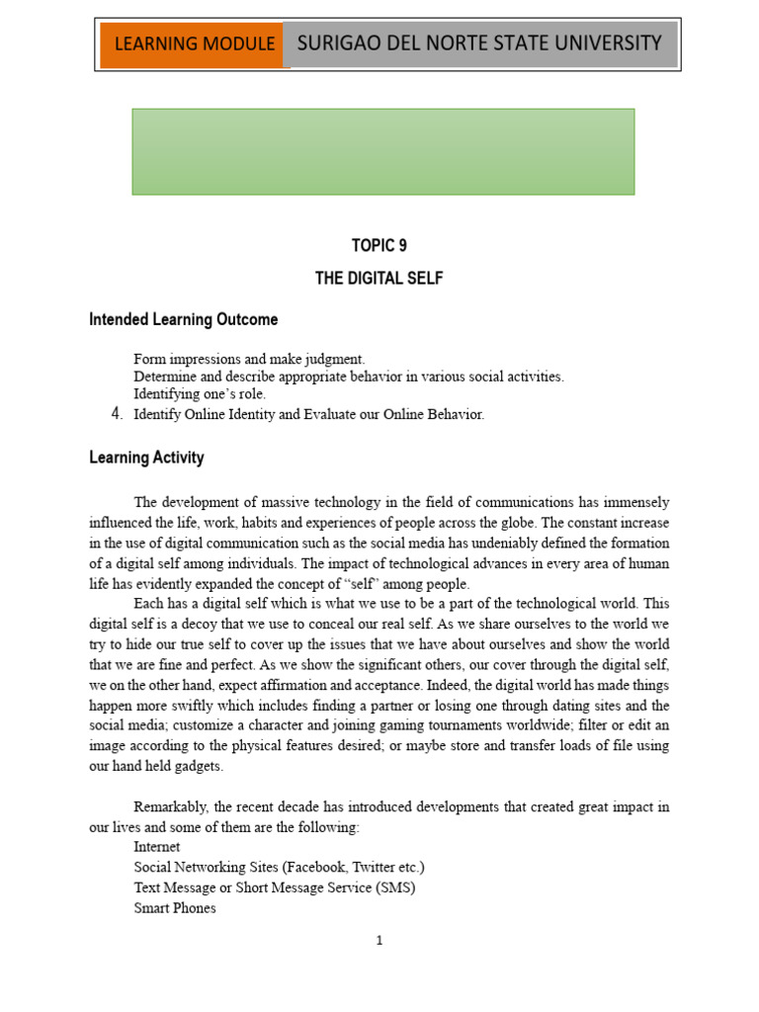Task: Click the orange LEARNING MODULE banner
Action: pyautogui.click(x=194, y=44)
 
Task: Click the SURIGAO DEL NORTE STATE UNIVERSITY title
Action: pyautogui.click(x=479, y=42)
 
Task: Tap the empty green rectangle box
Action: pyautogui.click(x=383, y=151)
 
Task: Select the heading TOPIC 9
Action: pyautogui.click(x=379, y=246)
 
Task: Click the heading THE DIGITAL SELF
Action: pyautogui.click(x=379, y=279)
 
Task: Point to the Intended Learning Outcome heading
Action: pyautogui.click(x=183, y=319)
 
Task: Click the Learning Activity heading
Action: pyautogui.click(x=146, y=458)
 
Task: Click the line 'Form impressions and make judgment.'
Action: pyautogui.click(x=249, y=359)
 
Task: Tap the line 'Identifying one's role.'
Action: pyautogui.click(x=200, y=394)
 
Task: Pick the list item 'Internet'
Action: pyautogui.click(x=157, y=847)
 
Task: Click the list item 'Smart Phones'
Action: pyautogui.click(x=175, y=907)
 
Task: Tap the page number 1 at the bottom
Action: pyautogui.click(x=379, y=941)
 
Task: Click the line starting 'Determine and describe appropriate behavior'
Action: pyautogui.click(x=348, y=377)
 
